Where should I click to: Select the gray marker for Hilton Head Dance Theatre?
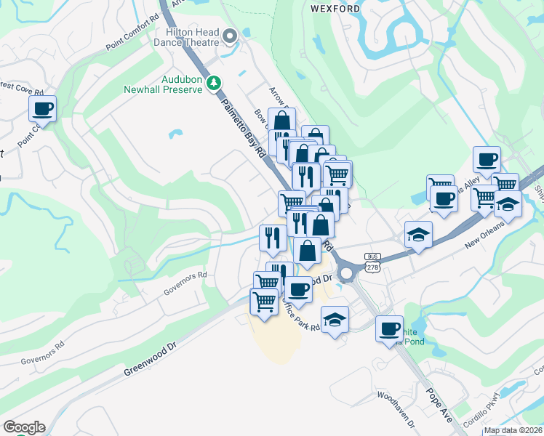click(231, 36)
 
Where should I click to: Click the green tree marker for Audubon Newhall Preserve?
click(214, 83)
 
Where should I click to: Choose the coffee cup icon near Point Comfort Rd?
click(42, 110)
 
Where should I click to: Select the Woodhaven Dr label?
click(396, 409)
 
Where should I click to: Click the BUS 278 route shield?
click(372, 263)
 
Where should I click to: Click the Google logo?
click(24, 427)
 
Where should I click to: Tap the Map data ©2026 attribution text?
click(513, 430)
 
